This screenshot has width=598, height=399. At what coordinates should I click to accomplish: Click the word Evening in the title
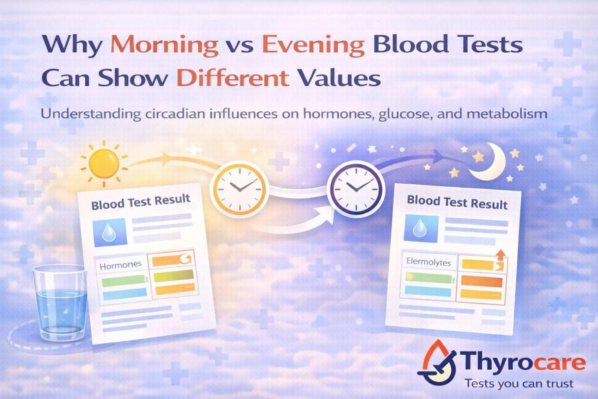(x=314, y=45)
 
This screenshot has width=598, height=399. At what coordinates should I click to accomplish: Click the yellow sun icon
(x=104, y=164)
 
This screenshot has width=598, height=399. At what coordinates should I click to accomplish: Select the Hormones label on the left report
(x=120, y=265)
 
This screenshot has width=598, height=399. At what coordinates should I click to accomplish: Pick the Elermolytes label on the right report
(x=429, y=262)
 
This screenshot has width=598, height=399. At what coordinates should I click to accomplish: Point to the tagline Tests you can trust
(x=519, y=384)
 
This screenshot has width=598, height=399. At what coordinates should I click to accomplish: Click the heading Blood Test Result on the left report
(x=140, y=201)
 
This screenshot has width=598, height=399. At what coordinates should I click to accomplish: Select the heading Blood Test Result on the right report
(x=457, y=202)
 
